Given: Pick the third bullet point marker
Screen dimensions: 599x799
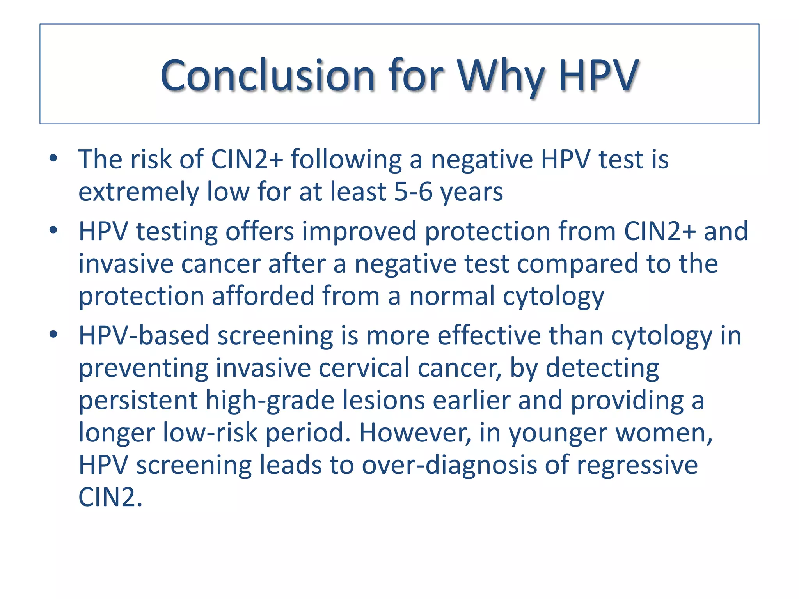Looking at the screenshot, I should [x=53, y=335].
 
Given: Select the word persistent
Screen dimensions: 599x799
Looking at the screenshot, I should [x=138, y=401].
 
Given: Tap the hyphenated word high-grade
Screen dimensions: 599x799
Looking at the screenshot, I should [x=270, y=401].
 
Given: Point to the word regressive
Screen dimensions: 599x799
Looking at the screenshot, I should [x=637, y=465].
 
